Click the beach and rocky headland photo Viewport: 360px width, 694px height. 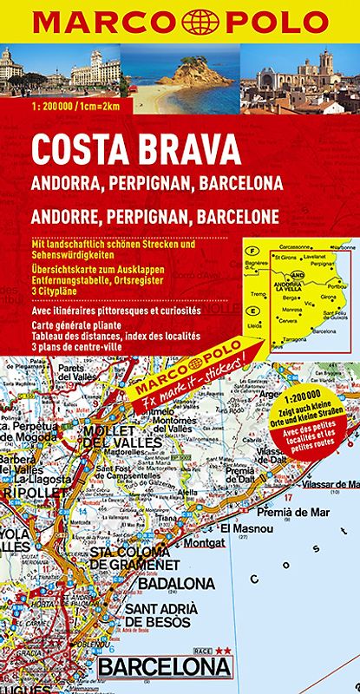point(180,79)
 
